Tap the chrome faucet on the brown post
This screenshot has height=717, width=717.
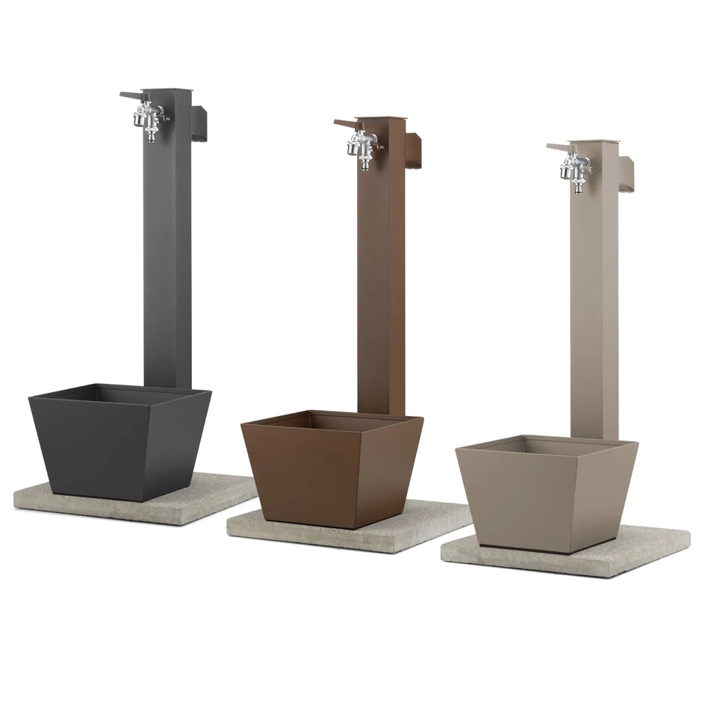[x=361, y=145]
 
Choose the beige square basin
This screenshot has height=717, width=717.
[x=545, y=496]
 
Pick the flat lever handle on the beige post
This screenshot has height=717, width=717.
[x=559, y=146]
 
